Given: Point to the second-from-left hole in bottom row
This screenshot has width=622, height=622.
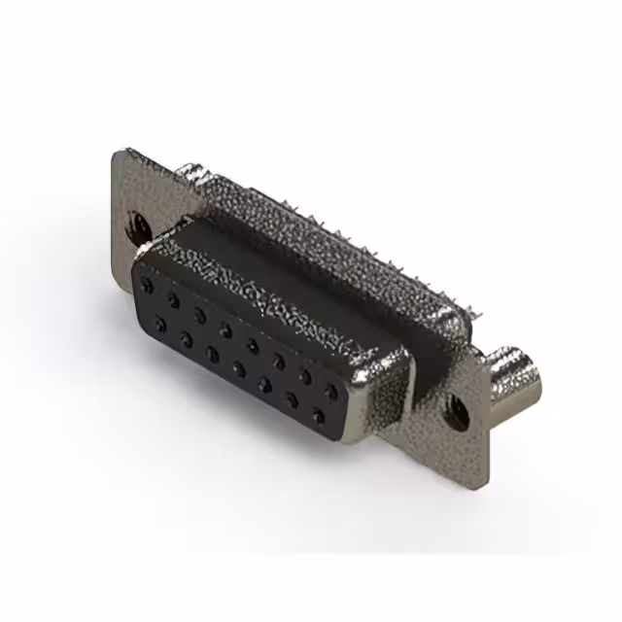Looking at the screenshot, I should click(185, 338).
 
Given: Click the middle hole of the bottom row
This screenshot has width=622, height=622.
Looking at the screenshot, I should click(238, 369).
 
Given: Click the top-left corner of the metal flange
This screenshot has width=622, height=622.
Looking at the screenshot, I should click(119, 154).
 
